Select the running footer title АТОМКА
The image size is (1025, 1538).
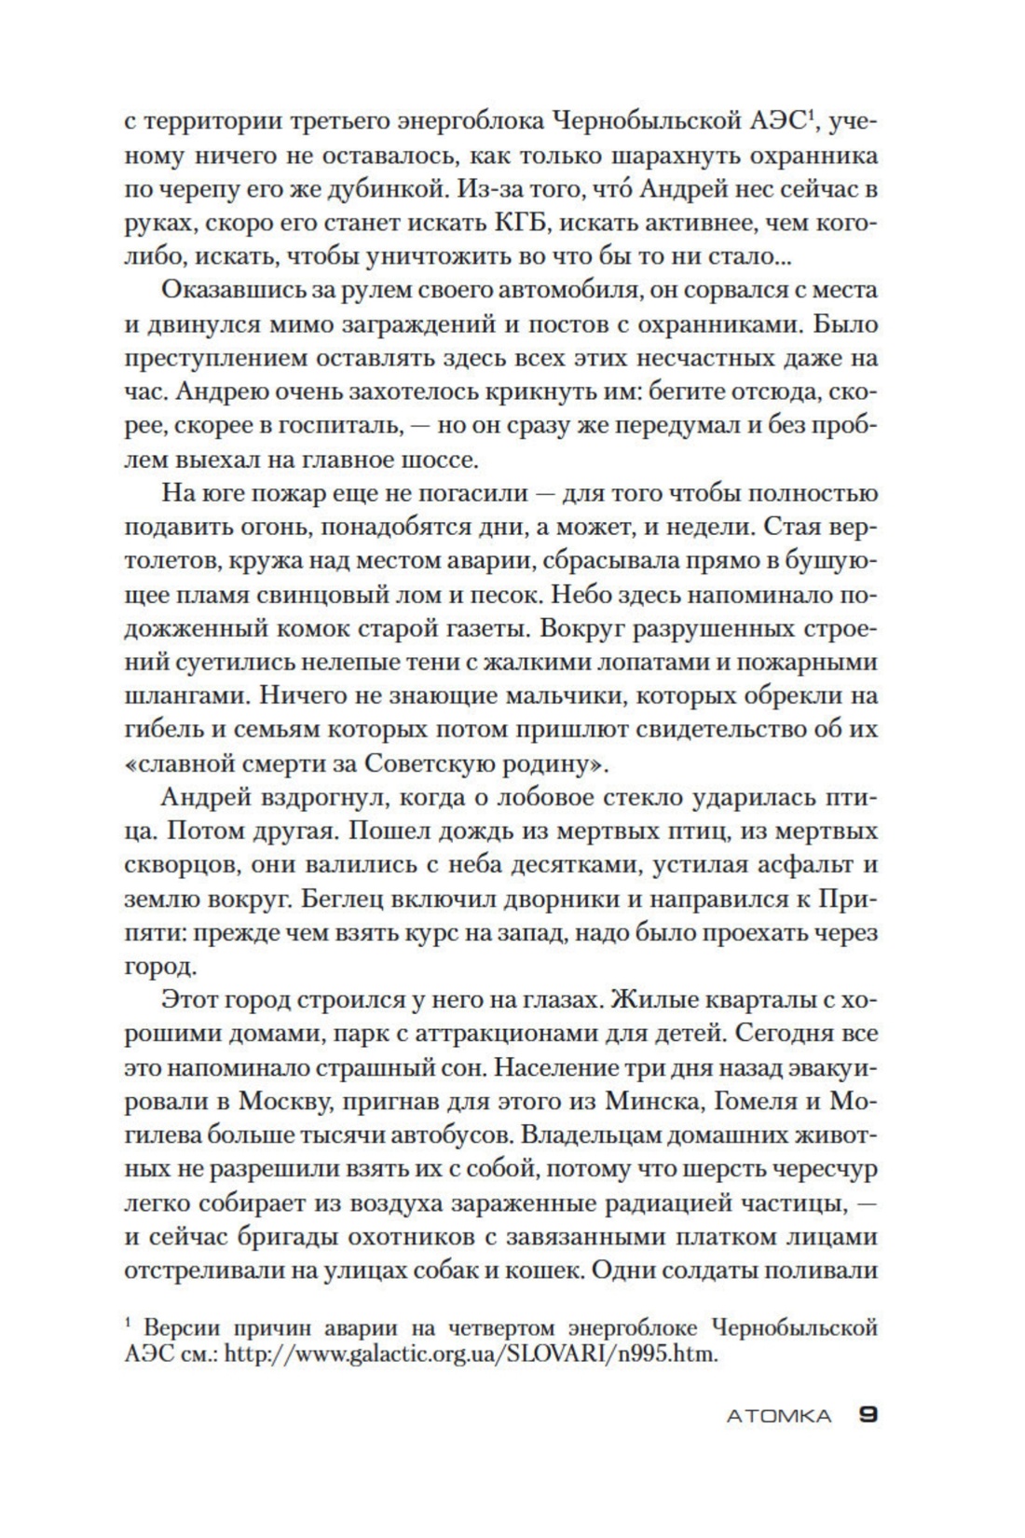(778, 1416)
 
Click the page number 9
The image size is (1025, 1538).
(868, 1415)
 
